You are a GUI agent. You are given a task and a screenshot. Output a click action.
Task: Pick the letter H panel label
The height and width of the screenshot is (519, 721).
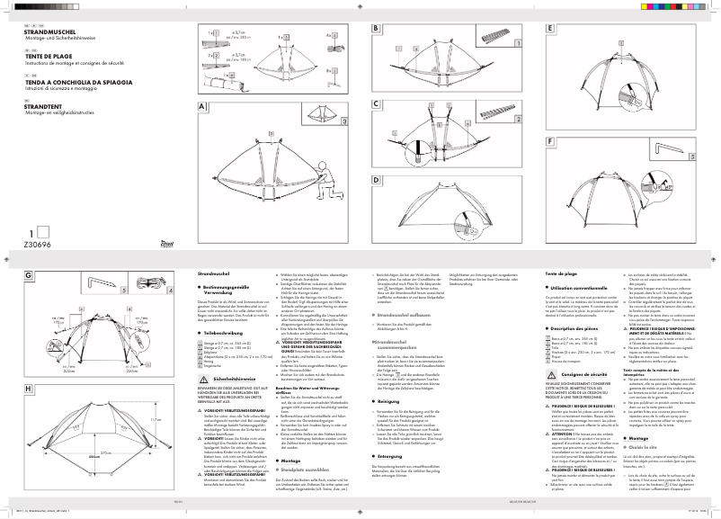point(29,389)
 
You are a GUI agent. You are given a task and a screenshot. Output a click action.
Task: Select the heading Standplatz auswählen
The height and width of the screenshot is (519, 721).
point(232,470)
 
